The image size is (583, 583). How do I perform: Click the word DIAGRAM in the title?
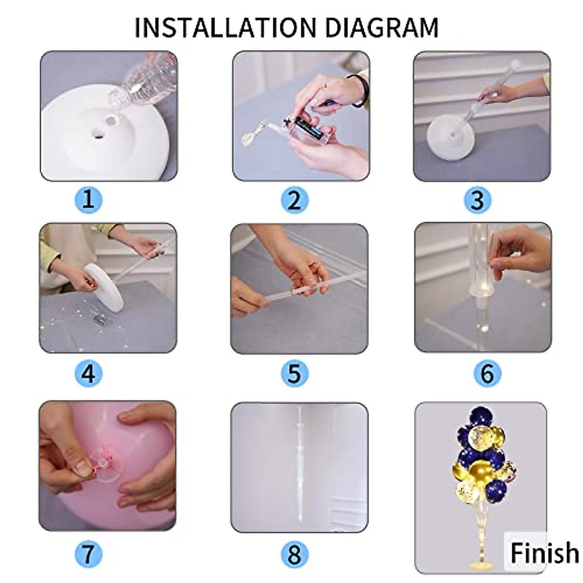[381, 27]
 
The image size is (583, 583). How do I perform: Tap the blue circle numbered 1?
[88, 200]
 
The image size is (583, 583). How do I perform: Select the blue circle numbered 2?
[294, 200]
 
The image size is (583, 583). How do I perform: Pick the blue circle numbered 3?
[478, 200]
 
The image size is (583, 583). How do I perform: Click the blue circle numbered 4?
[88, 374]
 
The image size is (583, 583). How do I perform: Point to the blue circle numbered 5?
[294, 374]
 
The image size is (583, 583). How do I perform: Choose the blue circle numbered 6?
[487, 374]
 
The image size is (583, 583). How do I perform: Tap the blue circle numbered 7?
[88, 554]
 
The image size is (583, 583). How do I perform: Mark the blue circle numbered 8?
[294, 554]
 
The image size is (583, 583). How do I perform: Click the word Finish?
[544, 553]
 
